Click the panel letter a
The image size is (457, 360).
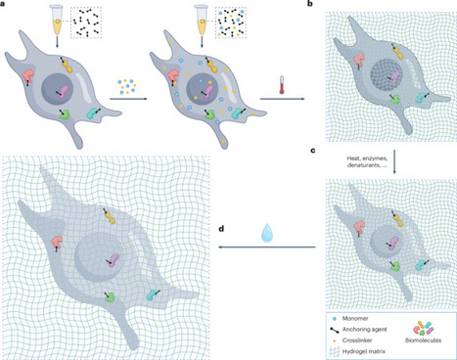click(x=5, y=6)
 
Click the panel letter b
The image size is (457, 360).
click(x=312, y=6)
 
